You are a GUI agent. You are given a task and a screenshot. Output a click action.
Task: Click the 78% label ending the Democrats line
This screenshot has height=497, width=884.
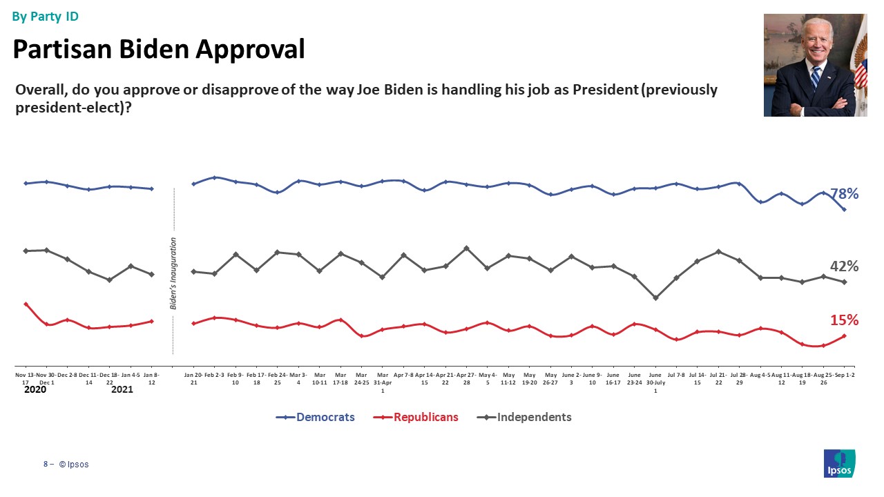844,195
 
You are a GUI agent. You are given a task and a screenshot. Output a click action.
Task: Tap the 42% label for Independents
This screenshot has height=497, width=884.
844,266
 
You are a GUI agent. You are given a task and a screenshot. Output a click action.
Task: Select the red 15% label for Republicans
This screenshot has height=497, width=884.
844,320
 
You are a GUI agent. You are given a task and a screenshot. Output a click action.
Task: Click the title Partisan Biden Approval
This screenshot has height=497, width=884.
159,49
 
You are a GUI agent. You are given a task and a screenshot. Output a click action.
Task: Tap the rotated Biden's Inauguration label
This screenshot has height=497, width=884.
173,273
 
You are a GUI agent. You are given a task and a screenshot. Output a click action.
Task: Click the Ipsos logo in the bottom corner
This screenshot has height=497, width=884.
839,463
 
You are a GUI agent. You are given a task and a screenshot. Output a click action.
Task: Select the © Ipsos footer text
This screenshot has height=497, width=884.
74,465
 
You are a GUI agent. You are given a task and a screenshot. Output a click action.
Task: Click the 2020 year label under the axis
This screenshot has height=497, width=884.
34,390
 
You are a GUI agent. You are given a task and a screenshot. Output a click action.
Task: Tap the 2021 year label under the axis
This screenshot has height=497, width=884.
122,390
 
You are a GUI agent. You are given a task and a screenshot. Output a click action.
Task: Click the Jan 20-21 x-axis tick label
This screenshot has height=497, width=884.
193,379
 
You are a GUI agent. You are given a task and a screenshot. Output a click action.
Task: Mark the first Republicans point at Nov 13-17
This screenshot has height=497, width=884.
26,304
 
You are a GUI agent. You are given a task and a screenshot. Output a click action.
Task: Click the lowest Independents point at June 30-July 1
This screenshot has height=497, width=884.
655,298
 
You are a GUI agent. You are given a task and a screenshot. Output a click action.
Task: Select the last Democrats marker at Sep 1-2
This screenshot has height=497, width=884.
845,209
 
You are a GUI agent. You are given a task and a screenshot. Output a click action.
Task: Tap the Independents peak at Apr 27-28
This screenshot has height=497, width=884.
466,248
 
